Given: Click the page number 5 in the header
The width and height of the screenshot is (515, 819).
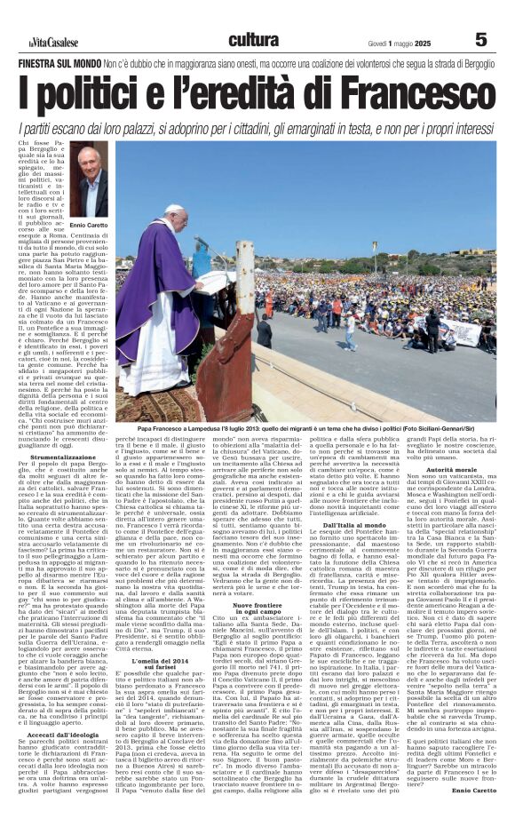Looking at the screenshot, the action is tap(480, 39).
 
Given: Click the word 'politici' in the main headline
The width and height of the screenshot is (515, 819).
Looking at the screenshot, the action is tap(119, 95).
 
